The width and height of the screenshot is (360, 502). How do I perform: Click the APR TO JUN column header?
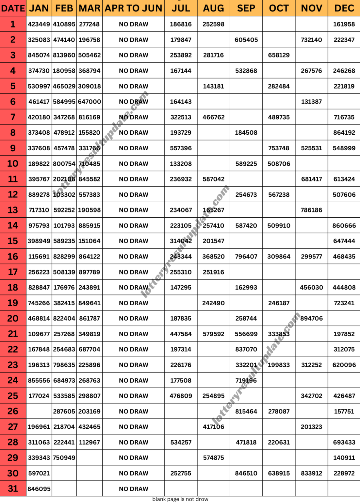[x=133, y=8]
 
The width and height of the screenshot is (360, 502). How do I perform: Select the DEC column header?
[x=344, y=8]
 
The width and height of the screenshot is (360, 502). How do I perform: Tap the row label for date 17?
[x=13, y=272]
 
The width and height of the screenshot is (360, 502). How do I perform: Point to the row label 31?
[x=13, y=489]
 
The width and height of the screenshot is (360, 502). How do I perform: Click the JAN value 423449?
[x=39, y=24]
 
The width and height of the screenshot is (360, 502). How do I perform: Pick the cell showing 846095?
[x=39, y=489]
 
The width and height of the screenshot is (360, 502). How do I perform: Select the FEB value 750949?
[x=64, y=458]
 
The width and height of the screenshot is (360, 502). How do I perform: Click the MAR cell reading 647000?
[x=90, y=102]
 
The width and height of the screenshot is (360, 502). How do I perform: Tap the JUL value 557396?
[x=181, y=148]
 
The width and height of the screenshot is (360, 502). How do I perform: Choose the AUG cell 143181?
[x=213, y=86]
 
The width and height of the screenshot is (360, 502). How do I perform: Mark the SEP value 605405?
[x=246, y=40]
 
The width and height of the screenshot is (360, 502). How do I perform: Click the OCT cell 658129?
[x=279, y=55]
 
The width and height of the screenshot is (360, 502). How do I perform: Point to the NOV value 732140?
[x=311, y=40]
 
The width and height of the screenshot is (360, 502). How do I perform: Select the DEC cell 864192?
[x=344, y=133]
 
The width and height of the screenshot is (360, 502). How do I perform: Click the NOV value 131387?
[x=311, y=102]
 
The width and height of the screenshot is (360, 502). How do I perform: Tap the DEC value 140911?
[x=344, y=458]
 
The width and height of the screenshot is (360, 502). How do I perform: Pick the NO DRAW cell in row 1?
[x=133, y=24]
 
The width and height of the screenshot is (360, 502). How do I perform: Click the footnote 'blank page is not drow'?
[x=180, y=499]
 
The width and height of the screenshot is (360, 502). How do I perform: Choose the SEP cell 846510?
[x=246, y=473]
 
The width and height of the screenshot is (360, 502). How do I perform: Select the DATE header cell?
[x=13, y=8]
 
